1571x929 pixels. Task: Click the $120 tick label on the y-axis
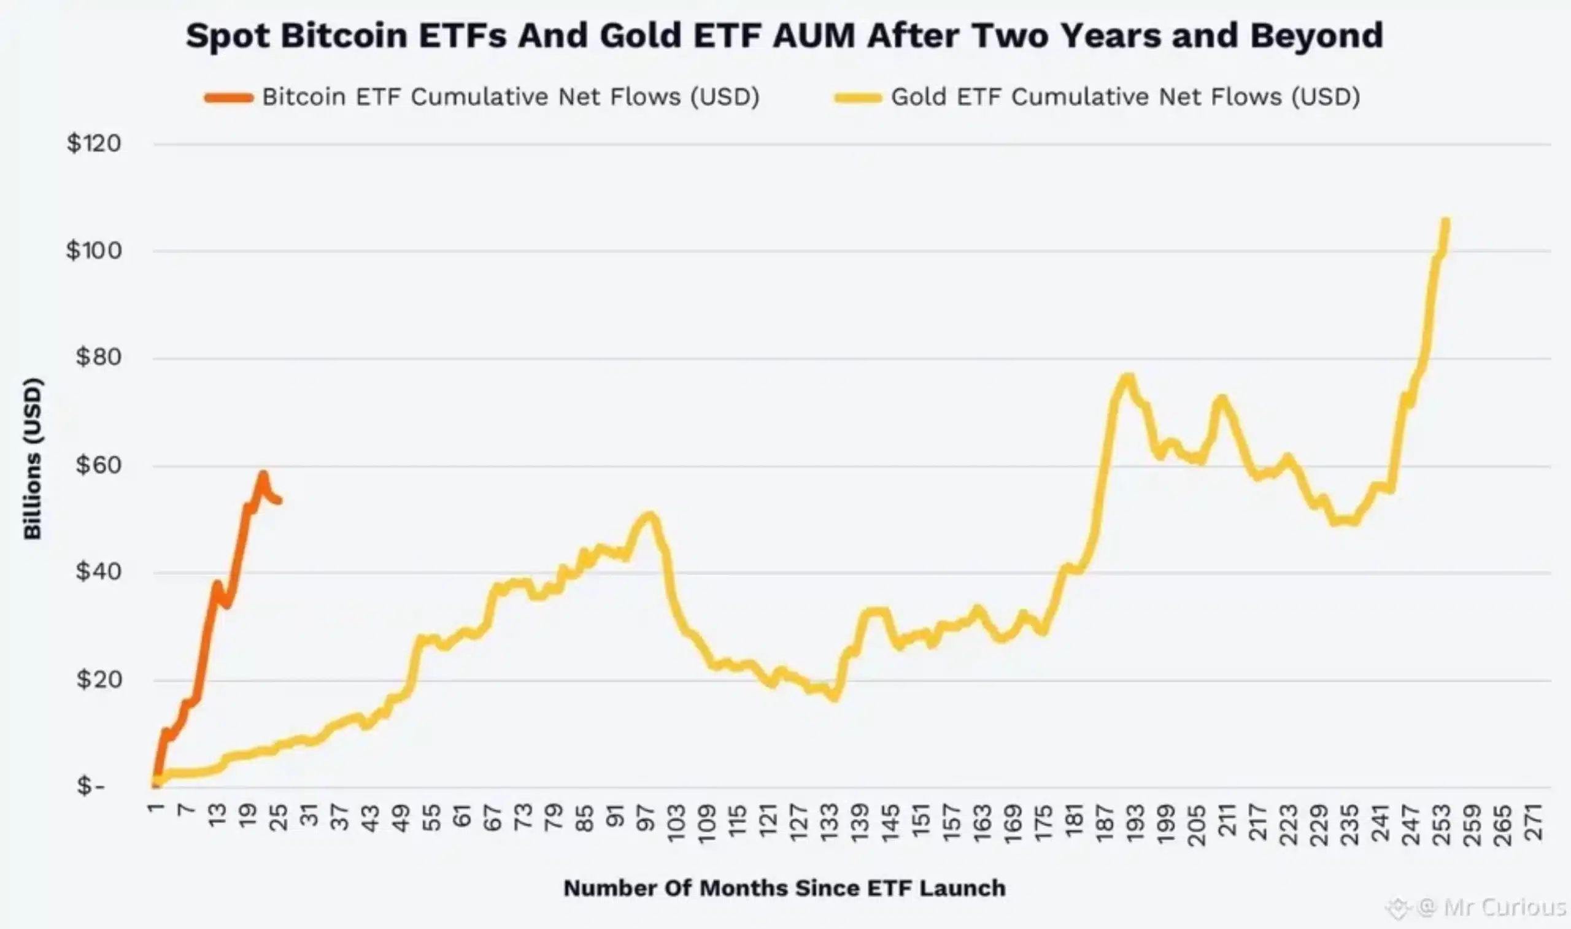(x=94, y=144)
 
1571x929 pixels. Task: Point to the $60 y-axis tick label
(x=98, y=465)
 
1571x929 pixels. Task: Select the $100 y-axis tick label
(x=94, y=250)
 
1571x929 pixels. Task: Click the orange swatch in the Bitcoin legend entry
(x=228, y=98)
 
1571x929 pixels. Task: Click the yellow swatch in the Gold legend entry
(x=858, y=98)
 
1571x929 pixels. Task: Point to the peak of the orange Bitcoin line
(x=263, y=474)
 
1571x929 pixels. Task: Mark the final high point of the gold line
(x=1446, y=220)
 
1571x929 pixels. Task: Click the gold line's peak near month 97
(x=650, y=516)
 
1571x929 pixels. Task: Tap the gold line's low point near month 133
(x=835, y=698)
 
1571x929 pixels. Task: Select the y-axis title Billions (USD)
(x=33, y=458)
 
